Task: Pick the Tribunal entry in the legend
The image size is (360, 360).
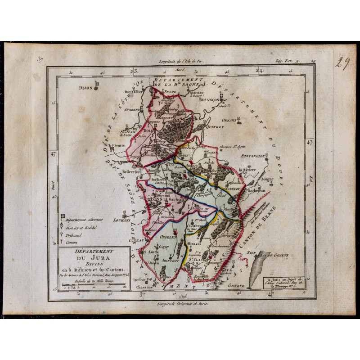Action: (x=74, y=235)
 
